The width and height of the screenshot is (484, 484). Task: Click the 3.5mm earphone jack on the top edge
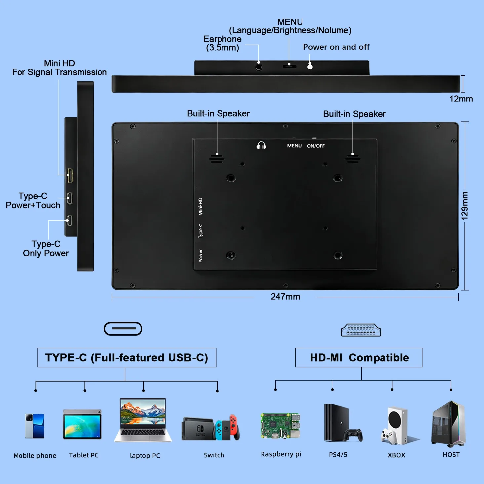click(259, 67)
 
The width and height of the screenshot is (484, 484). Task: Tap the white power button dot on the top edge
click(310, 67)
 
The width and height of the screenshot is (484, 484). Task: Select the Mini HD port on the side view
click(70, 175)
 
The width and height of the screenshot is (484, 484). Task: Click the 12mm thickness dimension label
click(461, 99)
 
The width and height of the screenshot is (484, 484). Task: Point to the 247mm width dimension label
click(285, 296)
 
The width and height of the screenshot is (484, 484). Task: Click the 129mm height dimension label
click(465, 206)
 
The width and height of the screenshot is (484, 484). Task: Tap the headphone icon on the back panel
click(261, 146)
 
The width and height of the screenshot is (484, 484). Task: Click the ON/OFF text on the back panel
click(316, 146)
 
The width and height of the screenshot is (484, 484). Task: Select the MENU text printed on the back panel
click(294, 146)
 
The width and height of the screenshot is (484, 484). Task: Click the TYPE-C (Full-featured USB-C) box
click(127, 358)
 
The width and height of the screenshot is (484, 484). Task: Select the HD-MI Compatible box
click(358, 358)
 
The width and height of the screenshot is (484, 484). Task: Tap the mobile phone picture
click(35, 426)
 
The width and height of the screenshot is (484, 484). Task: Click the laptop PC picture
click(143, 420)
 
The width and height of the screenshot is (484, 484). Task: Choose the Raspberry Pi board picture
click(280, 426)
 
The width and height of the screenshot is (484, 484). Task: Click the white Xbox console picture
click(397, 425)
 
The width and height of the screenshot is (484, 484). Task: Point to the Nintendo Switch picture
click(211, 427)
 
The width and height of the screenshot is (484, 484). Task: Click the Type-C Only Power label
click(46, 248)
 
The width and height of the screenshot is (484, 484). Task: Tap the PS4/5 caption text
click(338, 454)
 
